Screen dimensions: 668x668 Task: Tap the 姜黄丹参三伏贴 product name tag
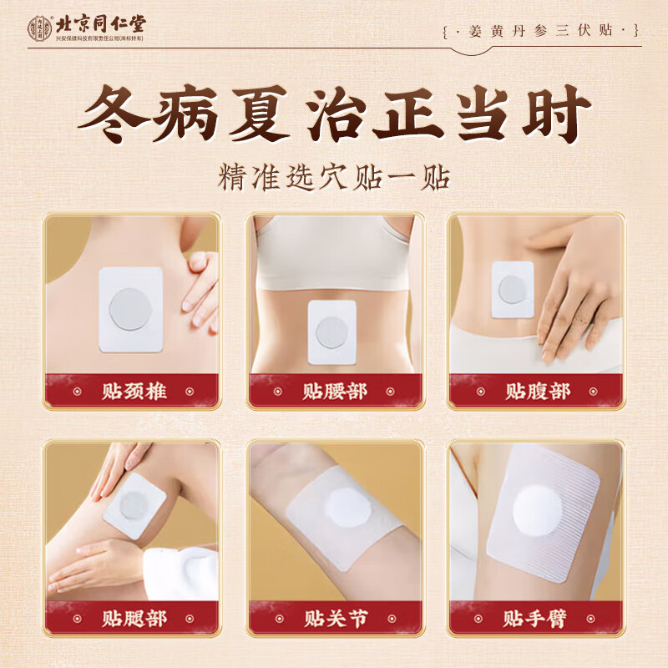pos(542,31)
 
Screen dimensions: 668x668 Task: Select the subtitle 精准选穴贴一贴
pos(334,177)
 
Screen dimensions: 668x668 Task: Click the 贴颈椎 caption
pos(134,390)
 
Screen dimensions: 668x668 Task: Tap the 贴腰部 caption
pos(335,390)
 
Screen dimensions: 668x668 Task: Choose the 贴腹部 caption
pos(537,390)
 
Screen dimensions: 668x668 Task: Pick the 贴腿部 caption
pos(134,618)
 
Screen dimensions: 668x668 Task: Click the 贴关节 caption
pos(335,618)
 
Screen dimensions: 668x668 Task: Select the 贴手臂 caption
pos(537,618)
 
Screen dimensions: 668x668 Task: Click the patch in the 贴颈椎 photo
pos(129,307)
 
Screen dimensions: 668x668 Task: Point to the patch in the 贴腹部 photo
pos(512,289)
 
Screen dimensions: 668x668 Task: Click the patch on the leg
pos(134,505)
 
